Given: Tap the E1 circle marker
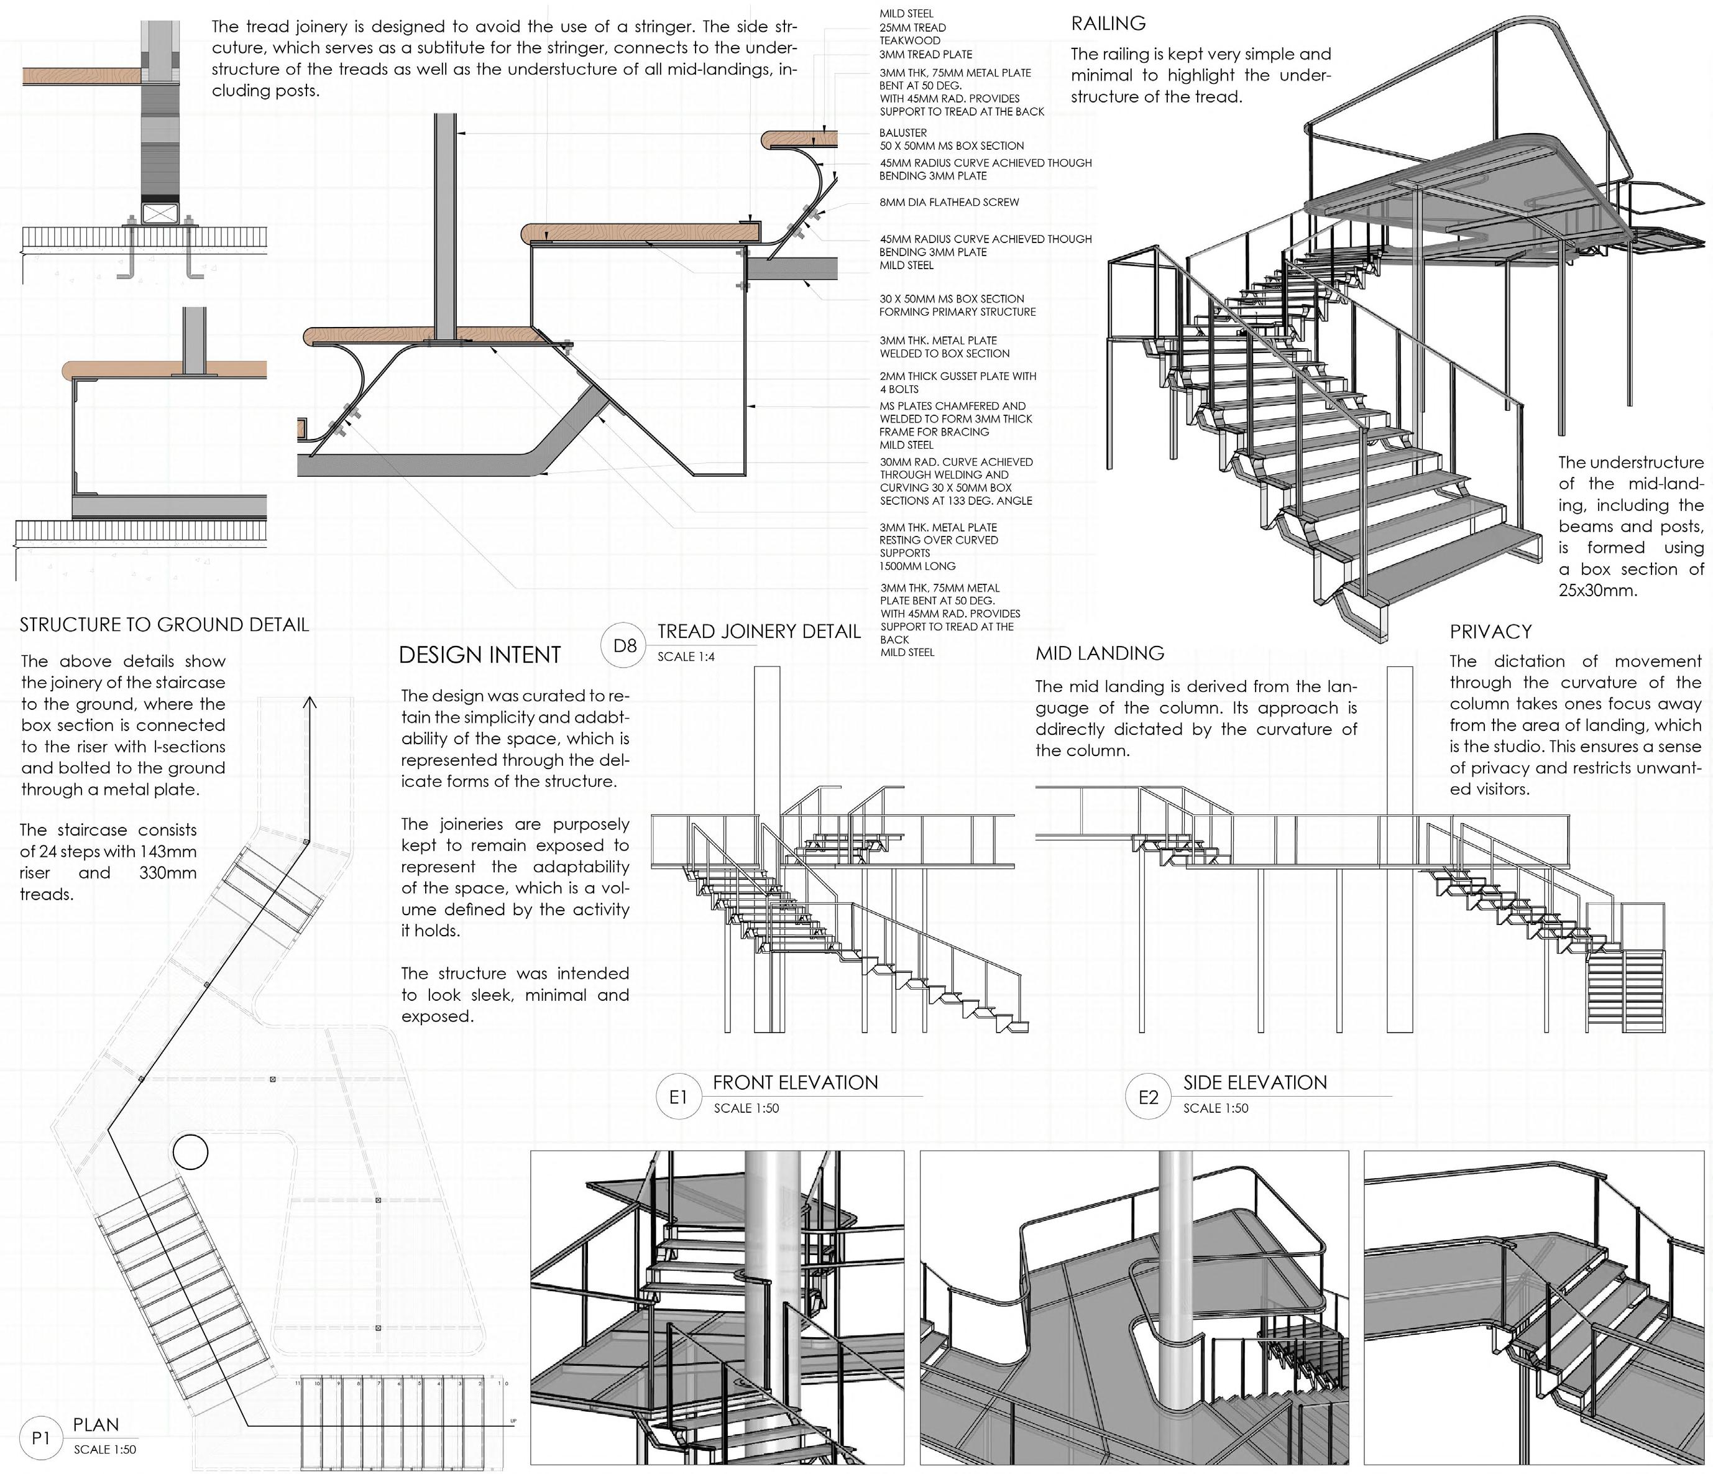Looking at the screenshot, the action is (678, 1097).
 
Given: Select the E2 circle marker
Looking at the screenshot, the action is (1149, 1097).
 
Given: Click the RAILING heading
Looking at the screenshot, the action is (1108, 23).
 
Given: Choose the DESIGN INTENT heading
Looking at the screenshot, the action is (479, 655).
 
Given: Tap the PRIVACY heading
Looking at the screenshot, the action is (1490, 632).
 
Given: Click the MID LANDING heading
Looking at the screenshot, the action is (1100, 653).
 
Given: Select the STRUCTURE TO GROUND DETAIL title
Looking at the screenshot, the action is (163, 625).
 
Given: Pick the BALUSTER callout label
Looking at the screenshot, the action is (902, 132).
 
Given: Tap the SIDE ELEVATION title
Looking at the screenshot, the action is (1254, 1082).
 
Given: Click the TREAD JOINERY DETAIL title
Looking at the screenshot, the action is (759, 632).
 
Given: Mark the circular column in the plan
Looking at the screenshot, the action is (190, 1151).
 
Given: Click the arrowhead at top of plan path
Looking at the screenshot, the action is (310, 702).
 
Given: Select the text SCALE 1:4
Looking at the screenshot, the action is (686, 656).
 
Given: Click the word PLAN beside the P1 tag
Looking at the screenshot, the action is (96, 1424).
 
